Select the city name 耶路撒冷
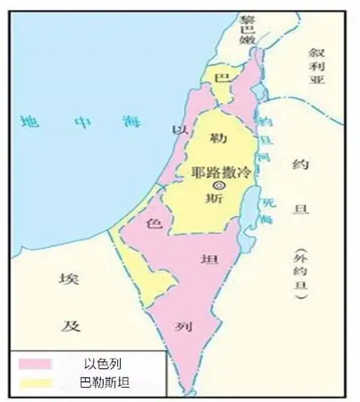tap(222, 173)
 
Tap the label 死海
tap(269, 211)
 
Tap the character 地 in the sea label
tap(29, 121)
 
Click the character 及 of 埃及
tap(69, 325)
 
